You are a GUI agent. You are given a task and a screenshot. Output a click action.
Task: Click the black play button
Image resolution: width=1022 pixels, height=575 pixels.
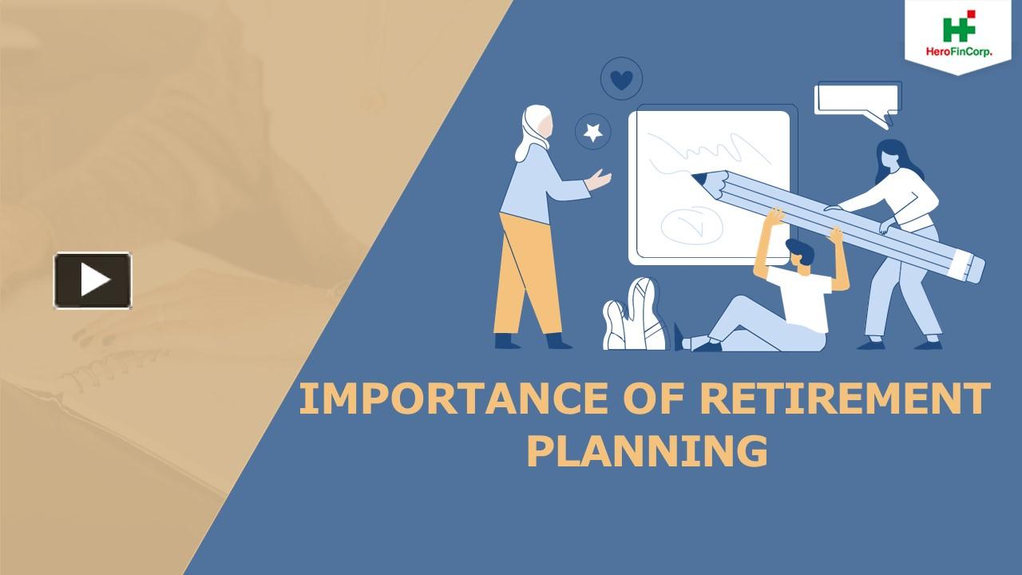coord(93,280)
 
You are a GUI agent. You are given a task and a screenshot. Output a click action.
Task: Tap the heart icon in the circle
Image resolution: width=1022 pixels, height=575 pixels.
coord(621,79)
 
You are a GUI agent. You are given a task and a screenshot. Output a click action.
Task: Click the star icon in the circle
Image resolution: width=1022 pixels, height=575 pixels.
coord(593,132)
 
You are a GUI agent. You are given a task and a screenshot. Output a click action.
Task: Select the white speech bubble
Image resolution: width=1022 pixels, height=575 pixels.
coord(856,100)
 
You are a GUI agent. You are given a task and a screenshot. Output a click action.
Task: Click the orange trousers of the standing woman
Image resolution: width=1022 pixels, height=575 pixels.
coord(523,272)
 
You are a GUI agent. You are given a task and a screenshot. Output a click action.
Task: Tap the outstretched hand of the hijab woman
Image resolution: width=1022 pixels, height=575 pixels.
coord(598,179)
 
